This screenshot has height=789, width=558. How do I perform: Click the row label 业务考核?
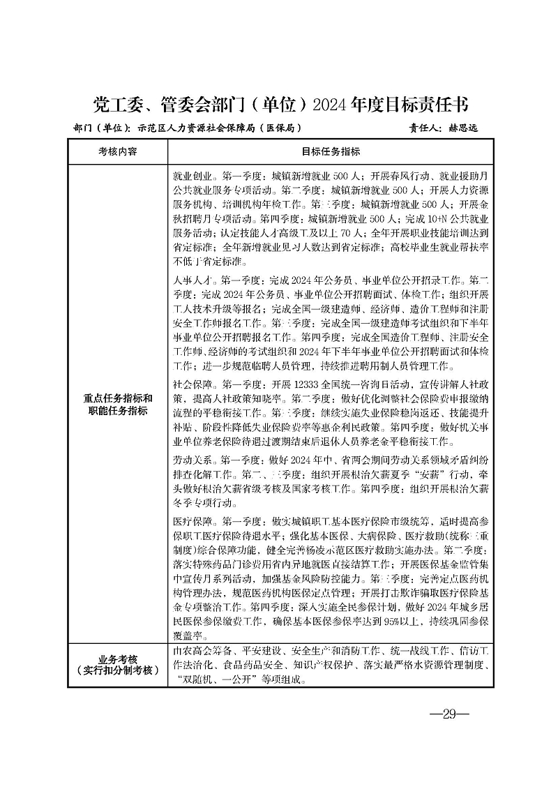118,659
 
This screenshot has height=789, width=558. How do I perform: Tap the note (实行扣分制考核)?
118,670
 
